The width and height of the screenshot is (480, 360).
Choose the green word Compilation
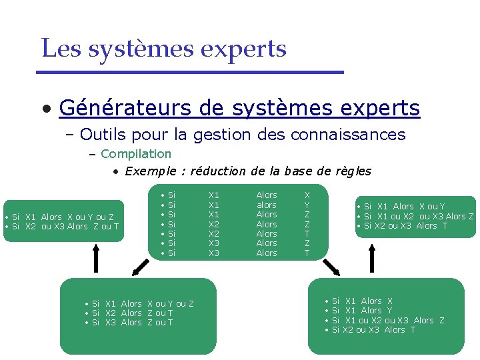click(136, 154)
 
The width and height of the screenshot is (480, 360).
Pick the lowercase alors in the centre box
click(267, 205)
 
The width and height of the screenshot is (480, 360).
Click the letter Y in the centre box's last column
click(307, 205)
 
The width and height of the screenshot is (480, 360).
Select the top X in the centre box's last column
click(307, 195)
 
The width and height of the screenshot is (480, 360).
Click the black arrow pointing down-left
click(139, 267)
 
